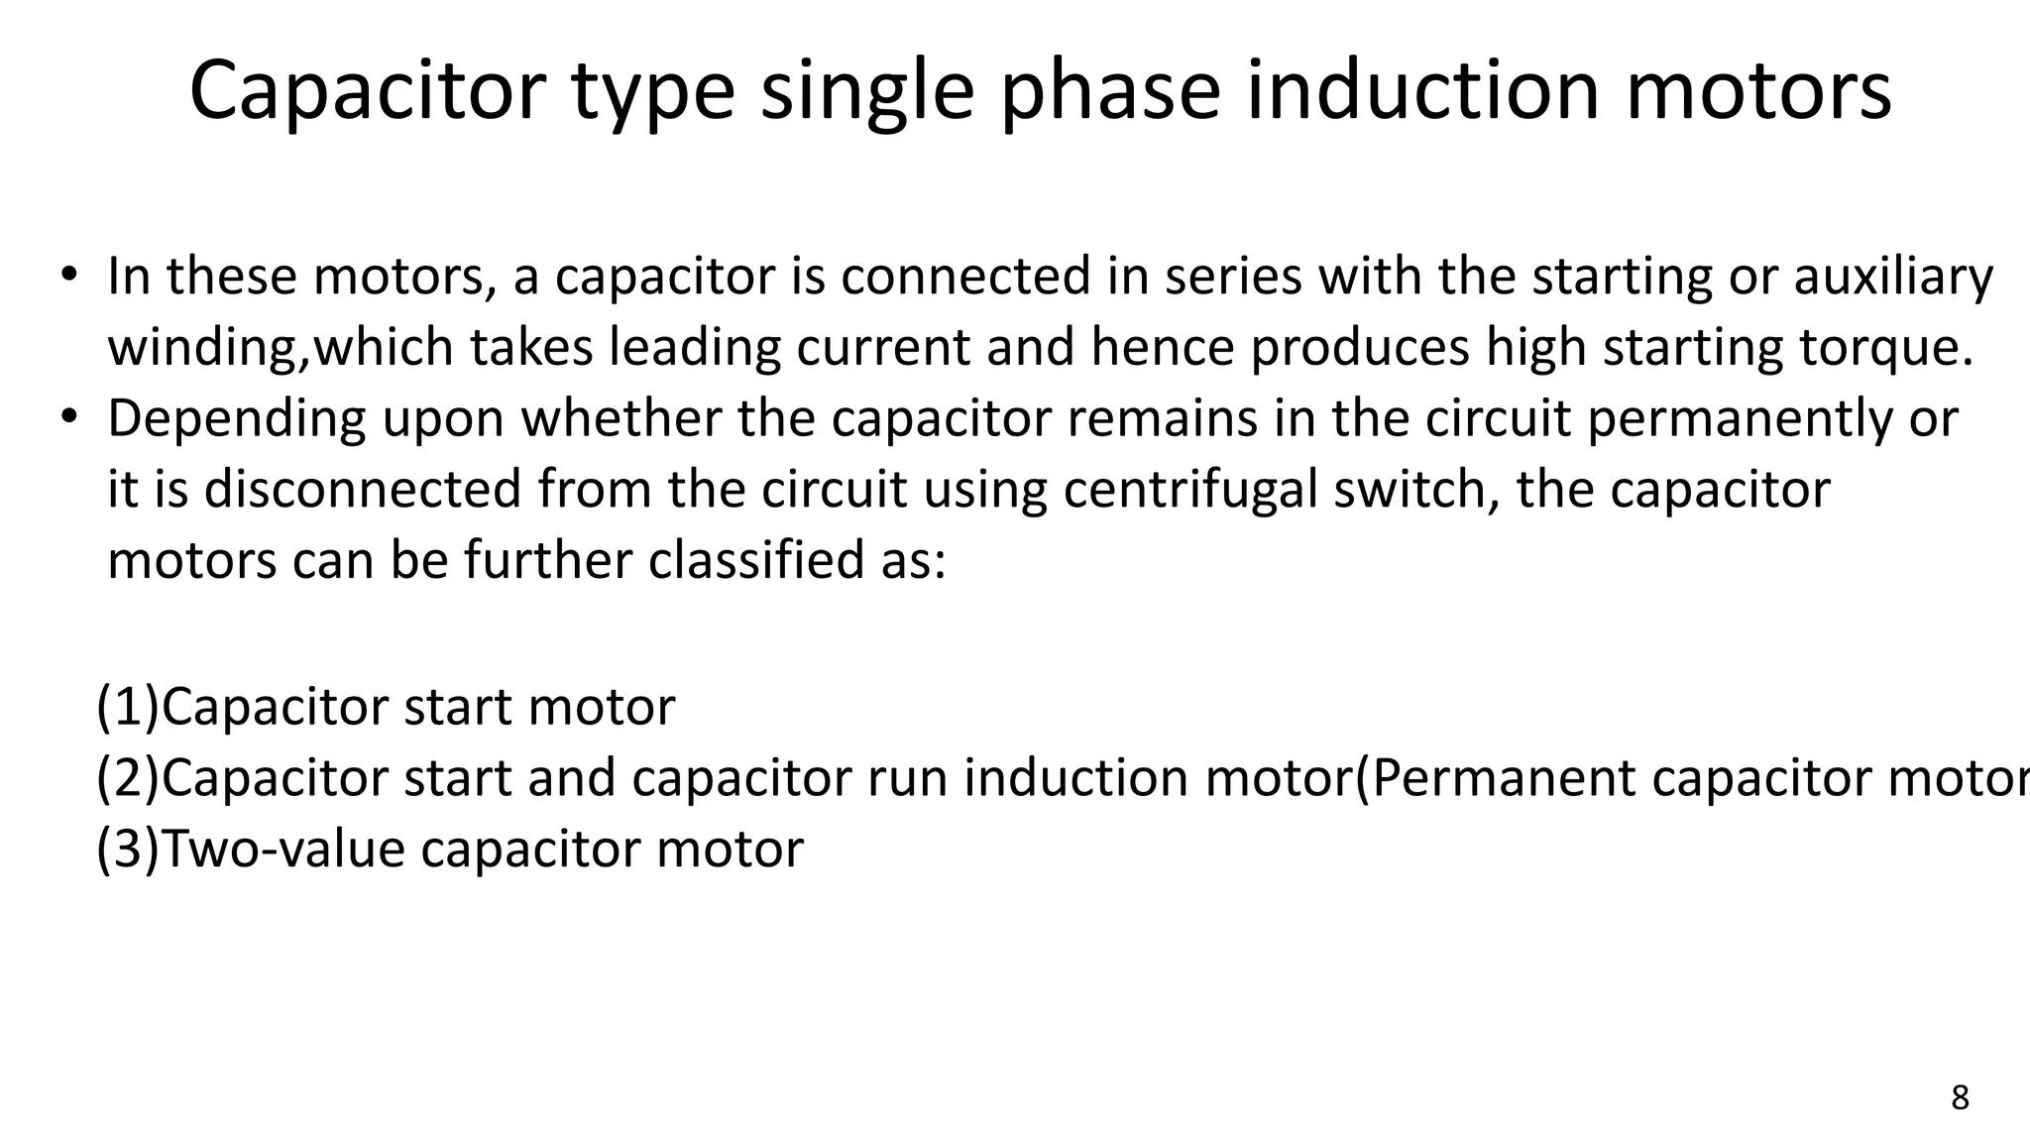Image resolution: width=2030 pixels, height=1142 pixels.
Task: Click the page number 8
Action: (1960, 1098)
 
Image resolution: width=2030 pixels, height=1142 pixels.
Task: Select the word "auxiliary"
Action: (1893, 277)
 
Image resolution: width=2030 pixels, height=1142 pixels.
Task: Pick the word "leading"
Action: (694, 348)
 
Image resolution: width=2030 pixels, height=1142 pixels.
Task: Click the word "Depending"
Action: (237, 419)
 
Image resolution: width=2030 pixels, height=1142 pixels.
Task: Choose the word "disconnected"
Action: (363, 491)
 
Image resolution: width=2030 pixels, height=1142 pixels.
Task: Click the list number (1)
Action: (128, 708)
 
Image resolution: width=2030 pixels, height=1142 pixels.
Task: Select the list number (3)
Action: (128, 851)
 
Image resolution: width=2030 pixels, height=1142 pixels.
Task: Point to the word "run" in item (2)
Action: (908, 779)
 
